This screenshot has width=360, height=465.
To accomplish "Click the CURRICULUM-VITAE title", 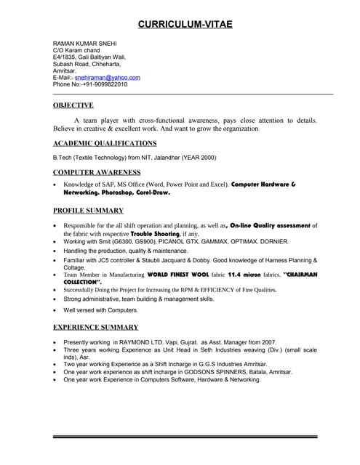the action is click(x=185, y=25).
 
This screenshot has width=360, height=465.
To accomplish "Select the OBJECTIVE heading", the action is click(x=73, y=105).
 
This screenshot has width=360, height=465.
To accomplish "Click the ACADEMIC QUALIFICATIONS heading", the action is click(x=105, y=144).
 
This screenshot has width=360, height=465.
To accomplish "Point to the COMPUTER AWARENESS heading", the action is click(x=97, y=172).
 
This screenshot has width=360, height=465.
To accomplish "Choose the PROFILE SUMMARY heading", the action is click(x=88, y=211).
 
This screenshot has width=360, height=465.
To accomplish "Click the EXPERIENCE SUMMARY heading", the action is click(x=96, y=328).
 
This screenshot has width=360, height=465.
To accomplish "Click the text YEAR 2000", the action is click(x=199, y=157).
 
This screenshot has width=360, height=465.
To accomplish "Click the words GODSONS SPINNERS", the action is click(x=215, y=371).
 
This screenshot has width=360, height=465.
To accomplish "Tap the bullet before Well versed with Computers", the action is click(x=56, y=310).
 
